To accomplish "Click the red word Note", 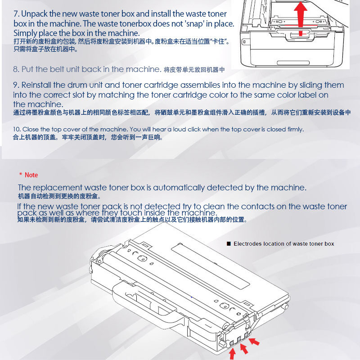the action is [x=31, y=175].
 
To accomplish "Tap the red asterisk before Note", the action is [x=21, y=174].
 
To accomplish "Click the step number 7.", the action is [x=16, y=14].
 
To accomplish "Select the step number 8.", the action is [x=16, y=69].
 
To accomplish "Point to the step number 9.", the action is [x=16, y=85].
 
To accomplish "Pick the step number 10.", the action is [x=17, y=129].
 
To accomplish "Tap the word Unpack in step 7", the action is [x=34, y=14].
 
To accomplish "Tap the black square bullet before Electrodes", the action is [x=229, y=243].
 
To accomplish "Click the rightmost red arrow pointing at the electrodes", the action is [x=254, y=342].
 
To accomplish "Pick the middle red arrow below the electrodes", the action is [x=244, y=348].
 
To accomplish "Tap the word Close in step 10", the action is [x=31, y=129].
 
